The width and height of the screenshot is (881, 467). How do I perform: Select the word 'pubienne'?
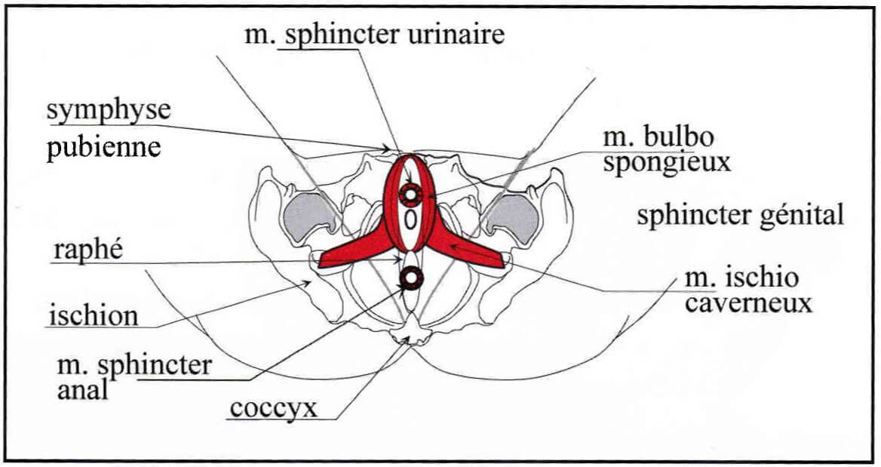coord(103,147)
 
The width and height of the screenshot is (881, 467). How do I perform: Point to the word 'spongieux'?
coord(666,163)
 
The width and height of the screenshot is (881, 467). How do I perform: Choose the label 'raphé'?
coord(87,249)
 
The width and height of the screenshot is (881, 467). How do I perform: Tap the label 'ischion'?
coord(94,316)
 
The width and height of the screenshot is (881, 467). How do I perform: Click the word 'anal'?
coord(82,389)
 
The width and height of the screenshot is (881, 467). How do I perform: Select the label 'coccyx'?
coord(274,409)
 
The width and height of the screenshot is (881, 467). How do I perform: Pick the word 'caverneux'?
coord(748,304)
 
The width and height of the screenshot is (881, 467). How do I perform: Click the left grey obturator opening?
coord(309,217)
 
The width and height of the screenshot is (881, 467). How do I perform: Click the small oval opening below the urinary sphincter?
coord(411,220)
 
